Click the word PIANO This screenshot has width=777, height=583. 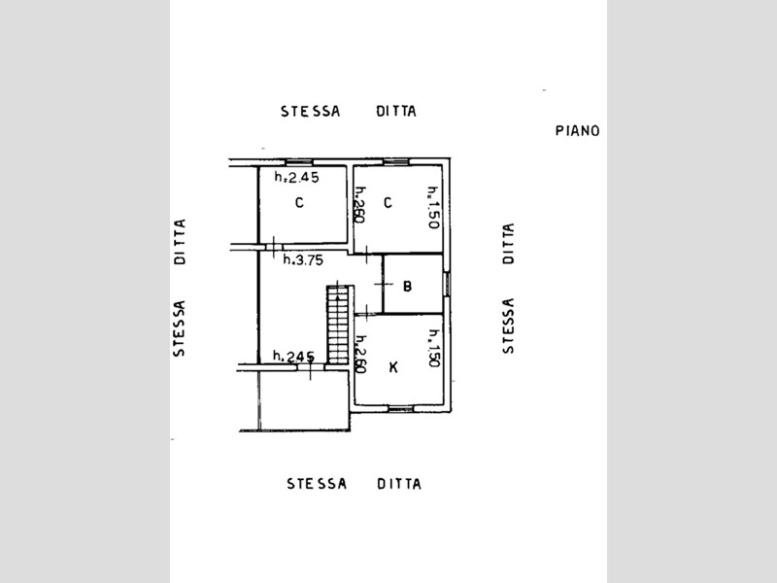pos(577,131)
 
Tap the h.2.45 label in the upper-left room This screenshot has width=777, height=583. pos(297,177)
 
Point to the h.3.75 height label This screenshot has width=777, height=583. pos(303,259)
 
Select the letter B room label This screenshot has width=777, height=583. pos(407,287)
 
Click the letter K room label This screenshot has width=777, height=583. pos(393,367)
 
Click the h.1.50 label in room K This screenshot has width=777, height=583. pos(434,349)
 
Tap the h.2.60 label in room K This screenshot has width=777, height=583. pos(360,354)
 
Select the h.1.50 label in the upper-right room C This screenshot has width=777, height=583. pos(433,207)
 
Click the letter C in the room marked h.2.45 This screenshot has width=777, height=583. pos(299,203)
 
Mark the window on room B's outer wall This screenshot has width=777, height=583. pos(447,284)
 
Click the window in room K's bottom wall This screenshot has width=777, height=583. pos(400,408)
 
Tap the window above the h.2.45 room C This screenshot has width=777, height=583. pos(299,162)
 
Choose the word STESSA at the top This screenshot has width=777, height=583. pos(311,112)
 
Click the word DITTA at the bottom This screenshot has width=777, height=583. pos(399,484)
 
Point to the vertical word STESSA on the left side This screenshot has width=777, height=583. pos(179,328)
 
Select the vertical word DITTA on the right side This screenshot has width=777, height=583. pos(508,244)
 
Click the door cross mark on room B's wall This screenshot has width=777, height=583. pos(383,284)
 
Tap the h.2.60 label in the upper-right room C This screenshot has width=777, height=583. pos(360,205)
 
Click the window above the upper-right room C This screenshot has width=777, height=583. pos(396,161)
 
